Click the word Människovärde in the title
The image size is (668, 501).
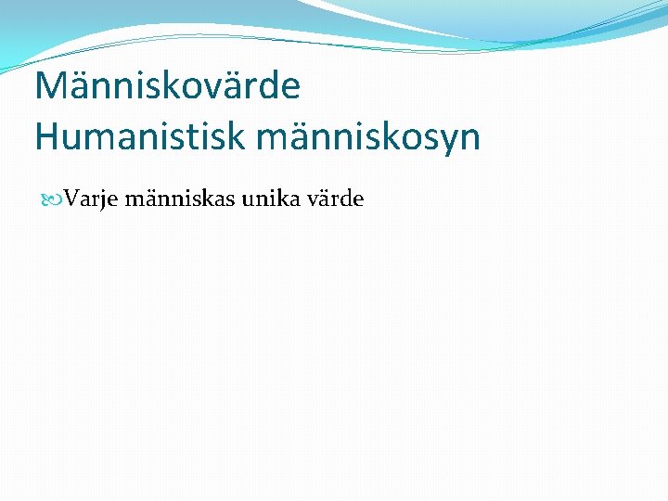click(167, 86)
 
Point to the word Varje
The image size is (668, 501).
click(90, 199)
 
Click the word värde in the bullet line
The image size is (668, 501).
click(336, 199)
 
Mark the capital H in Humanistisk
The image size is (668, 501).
click(46, 136)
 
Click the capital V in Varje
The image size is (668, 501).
click(72, 199)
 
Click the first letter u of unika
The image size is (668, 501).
click(250, 200)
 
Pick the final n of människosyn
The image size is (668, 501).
click(471, 138)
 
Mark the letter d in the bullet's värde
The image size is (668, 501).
click(345, 198)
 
